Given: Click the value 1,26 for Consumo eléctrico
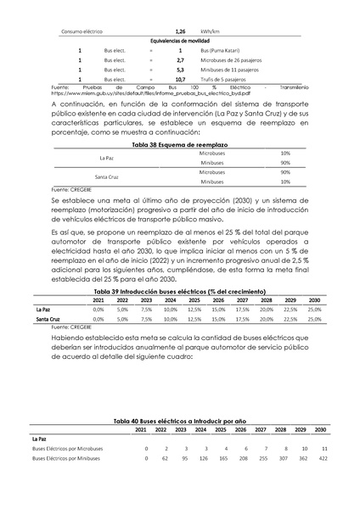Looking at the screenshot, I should [x=180, y=31].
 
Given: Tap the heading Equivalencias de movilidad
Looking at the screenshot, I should [x=180, y=41].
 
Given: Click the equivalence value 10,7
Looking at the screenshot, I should [x=180, y=79].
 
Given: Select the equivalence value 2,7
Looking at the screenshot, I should [x=180, y=60].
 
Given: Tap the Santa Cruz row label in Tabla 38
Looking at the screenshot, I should [x=107, y=176].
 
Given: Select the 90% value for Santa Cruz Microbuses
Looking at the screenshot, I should [x=284, y=172].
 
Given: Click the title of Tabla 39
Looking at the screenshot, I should [x=180, y=290].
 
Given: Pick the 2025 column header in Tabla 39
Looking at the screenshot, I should [x=194, y=300].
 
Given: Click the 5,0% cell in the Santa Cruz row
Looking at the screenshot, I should [x=122, y=320].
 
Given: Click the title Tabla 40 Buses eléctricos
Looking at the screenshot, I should [x=180, y=421].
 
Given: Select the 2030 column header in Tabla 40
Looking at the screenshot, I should [x=321, y=430].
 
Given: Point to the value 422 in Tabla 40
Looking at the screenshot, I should [x=322, y=458].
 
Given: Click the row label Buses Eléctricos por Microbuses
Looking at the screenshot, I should [x=67, y=448].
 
